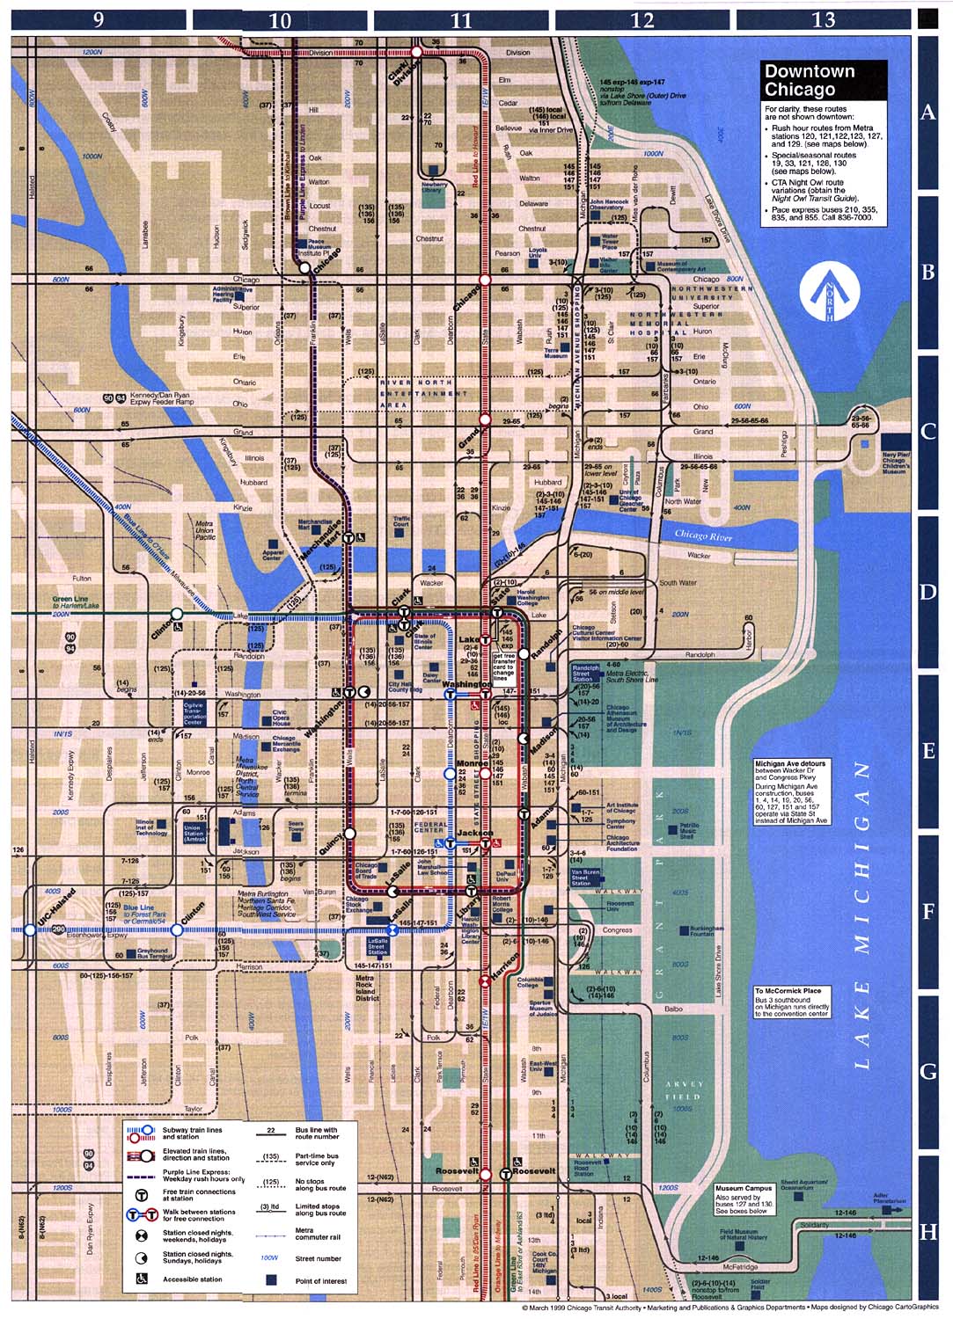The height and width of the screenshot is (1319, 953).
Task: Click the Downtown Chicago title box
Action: (823, 81)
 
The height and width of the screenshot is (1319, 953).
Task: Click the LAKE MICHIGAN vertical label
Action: (861, 915)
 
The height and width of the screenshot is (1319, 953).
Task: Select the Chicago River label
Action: (703, 535)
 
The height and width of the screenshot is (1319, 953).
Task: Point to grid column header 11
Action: (462, 19)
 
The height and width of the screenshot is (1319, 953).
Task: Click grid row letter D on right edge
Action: (927, 592)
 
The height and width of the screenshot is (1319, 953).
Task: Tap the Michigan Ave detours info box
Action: (792, 791)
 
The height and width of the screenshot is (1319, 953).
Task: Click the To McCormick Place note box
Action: (792, 1002)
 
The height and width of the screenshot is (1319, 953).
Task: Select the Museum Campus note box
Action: (744, 1199)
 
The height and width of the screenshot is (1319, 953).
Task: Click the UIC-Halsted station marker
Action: (30, 929)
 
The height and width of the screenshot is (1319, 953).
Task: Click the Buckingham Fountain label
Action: (706, 929)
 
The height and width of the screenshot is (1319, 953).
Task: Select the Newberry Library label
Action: (434, 187)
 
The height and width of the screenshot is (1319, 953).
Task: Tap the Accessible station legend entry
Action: (192, 1279)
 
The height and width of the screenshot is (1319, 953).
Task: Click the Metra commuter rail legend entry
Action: (317, 1234)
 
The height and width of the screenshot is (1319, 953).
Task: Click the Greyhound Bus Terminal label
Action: (152, 952)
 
